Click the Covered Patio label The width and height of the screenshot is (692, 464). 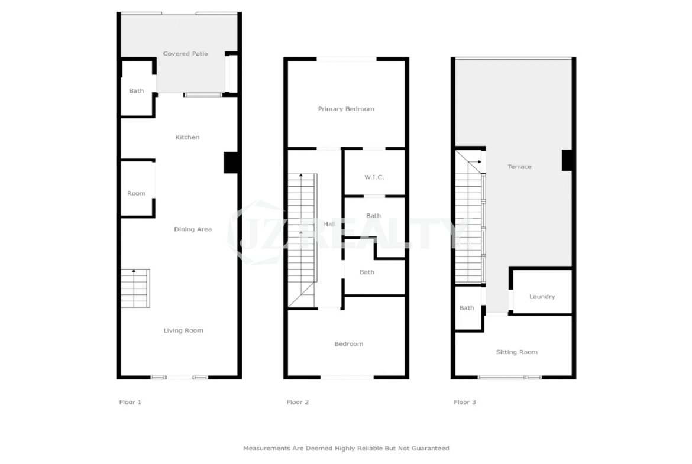point(185,53)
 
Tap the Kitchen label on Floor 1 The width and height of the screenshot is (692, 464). point(187,137)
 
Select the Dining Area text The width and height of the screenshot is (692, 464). point(193,229)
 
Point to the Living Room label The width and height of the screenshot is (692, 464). point(183,330)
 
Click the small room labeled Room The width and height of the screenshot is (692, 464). point(137,193)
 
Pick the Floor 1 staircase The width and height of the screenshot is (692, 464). point(135,288)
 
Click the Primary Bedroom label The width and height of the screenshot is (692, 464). point(346,109)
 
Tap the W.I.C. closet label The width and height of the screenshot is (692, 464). point(374,177)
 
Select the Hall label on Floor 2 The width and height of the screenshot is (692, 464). point(329,223)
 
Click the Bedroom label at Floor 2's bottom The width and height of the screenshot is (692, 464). point(348,343)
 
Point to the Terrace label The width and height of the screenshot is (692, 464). point(519,166)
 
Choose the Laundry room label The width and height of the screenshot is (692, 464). point(542,296)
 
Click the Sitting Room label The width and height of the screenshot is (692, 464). point(517,352)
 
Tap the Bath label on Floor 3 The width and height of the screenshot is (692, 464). point(467,308)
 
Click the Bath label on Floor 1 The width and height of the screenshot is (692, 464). point(137,91)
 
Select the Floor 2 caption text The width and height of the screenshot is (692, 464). point(298,402)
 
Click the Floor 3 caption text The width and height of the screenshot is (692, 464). point(465,402)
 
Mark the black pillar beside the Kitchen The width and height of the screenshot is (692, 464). point(231,163)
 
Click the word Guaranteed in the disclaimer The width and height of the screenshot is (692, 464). point(431,448)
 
